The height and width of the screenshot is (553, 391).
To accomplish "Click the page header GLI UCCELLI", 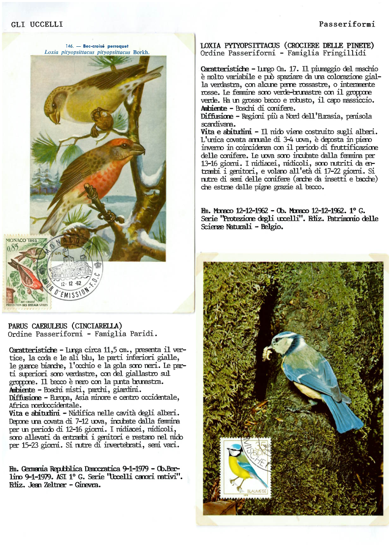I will click(x=37, y=24).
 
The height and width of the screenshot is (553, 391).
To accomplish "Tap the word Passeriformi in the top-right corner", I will click(x=347, y=24).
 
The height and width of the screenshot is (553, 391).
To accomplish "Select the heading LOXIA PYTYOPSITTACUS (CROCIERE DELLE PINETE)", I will click(x=287, y=46).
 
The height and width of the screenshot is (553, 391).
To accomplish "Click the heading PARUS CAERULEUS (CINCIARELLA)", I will click(x=65, y=326).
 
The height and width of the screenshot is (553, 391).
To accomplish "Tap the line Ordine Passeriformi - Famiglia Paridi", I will click(x=83, y=334).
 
